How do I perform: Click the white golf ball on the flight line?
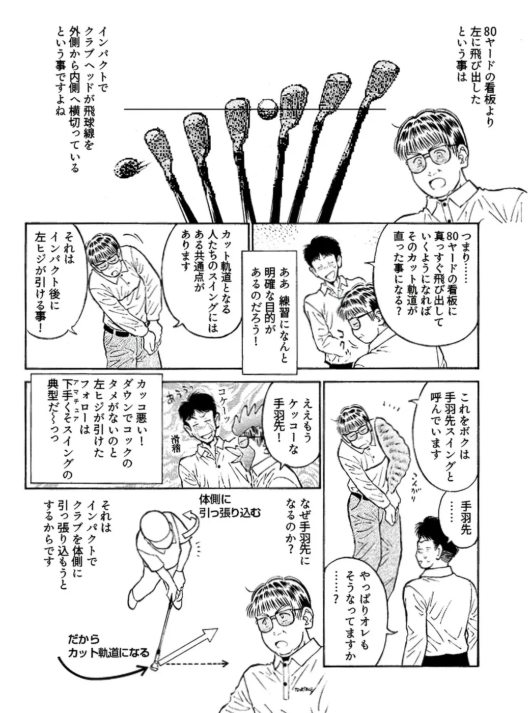coord(268,108)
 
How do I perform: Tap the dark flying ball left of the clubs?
coord(128,168)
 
